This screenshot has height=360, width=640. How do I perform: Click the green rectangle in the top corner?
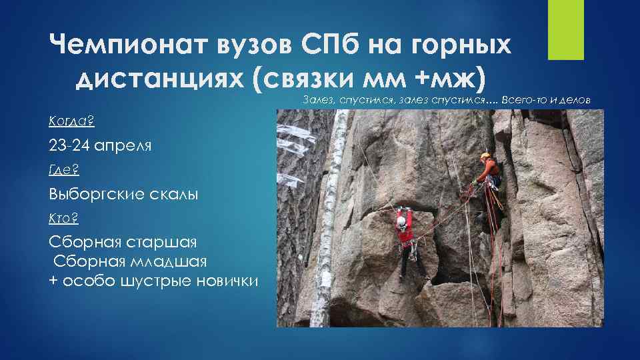coord(566,29)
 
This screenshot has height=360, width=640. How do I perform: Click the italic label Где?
coord(64,170)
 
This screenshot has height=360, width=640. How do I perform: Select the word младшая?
coord(170,261)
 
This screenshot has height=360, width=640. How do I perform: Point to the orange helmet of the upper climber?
coord(485,156)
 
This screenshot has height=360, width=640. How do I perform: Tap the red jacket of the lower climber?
coord(404,231)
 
